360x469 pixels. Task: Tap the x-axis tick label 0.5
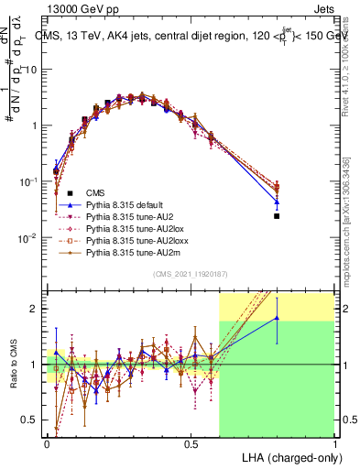click(191, 443)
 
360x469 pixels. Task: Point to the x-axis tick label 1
click(334, 443)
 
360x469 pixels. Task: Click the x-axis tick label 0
click(47, 443)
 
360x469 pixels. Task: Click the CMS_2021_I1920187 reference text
click(191, 274)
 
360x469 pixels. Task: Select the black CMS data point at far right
click(277, 216)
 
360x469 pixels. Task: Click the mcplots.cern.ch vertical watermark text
click(349, 229)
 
